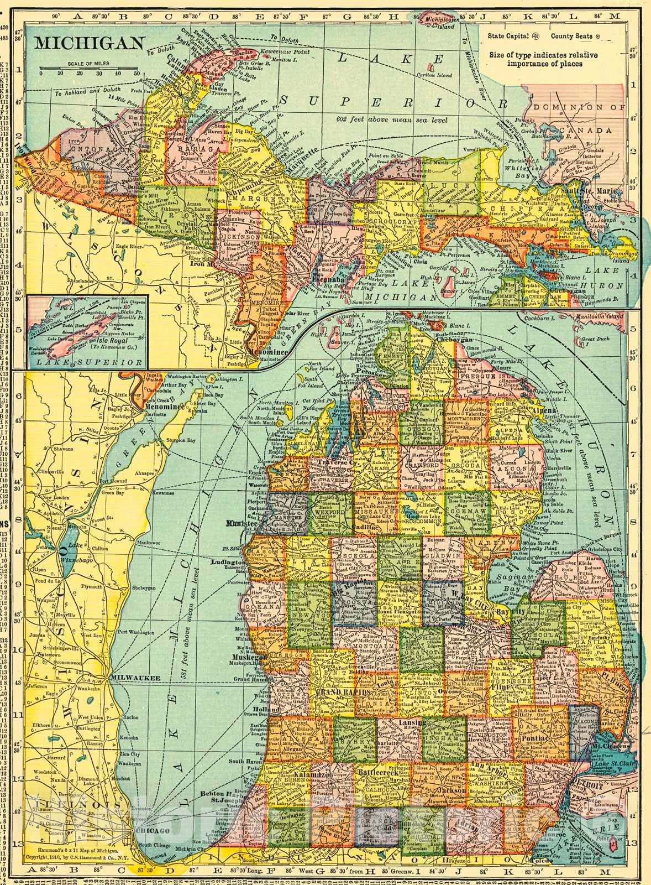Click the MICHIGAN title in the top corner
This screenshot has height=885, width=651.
90,43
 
